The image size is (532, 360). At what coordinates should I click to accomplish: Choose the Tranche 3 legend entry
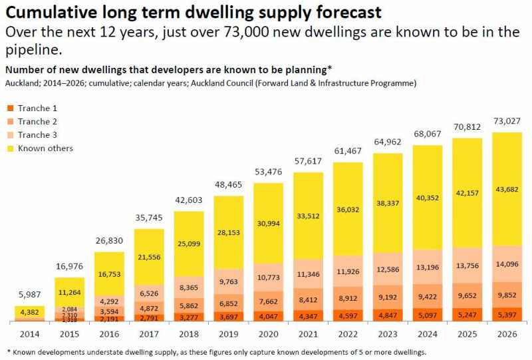[37, 135]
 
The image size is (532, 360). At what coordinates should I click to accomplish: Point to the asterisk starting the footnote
[9, 351]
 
